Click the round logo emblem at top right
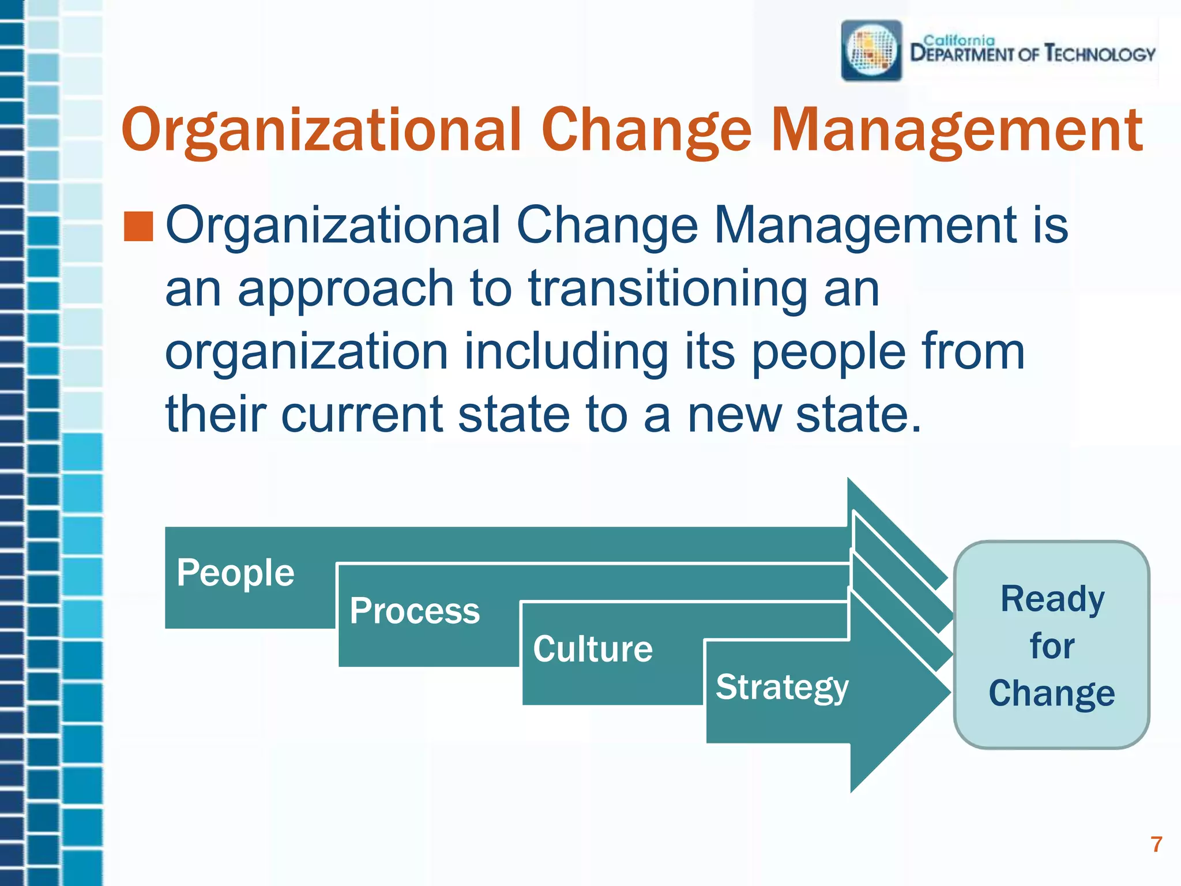871,51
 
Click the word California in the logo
959,40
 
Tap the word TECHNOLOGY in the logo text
1100,54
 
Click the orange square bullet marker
138,226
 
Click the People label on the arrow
235,573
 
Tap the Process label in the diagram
415,611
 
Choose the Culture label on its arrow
593,649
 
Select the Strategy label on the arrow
782,687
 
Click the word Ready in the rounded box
1052,599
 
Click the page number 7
1156,844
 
